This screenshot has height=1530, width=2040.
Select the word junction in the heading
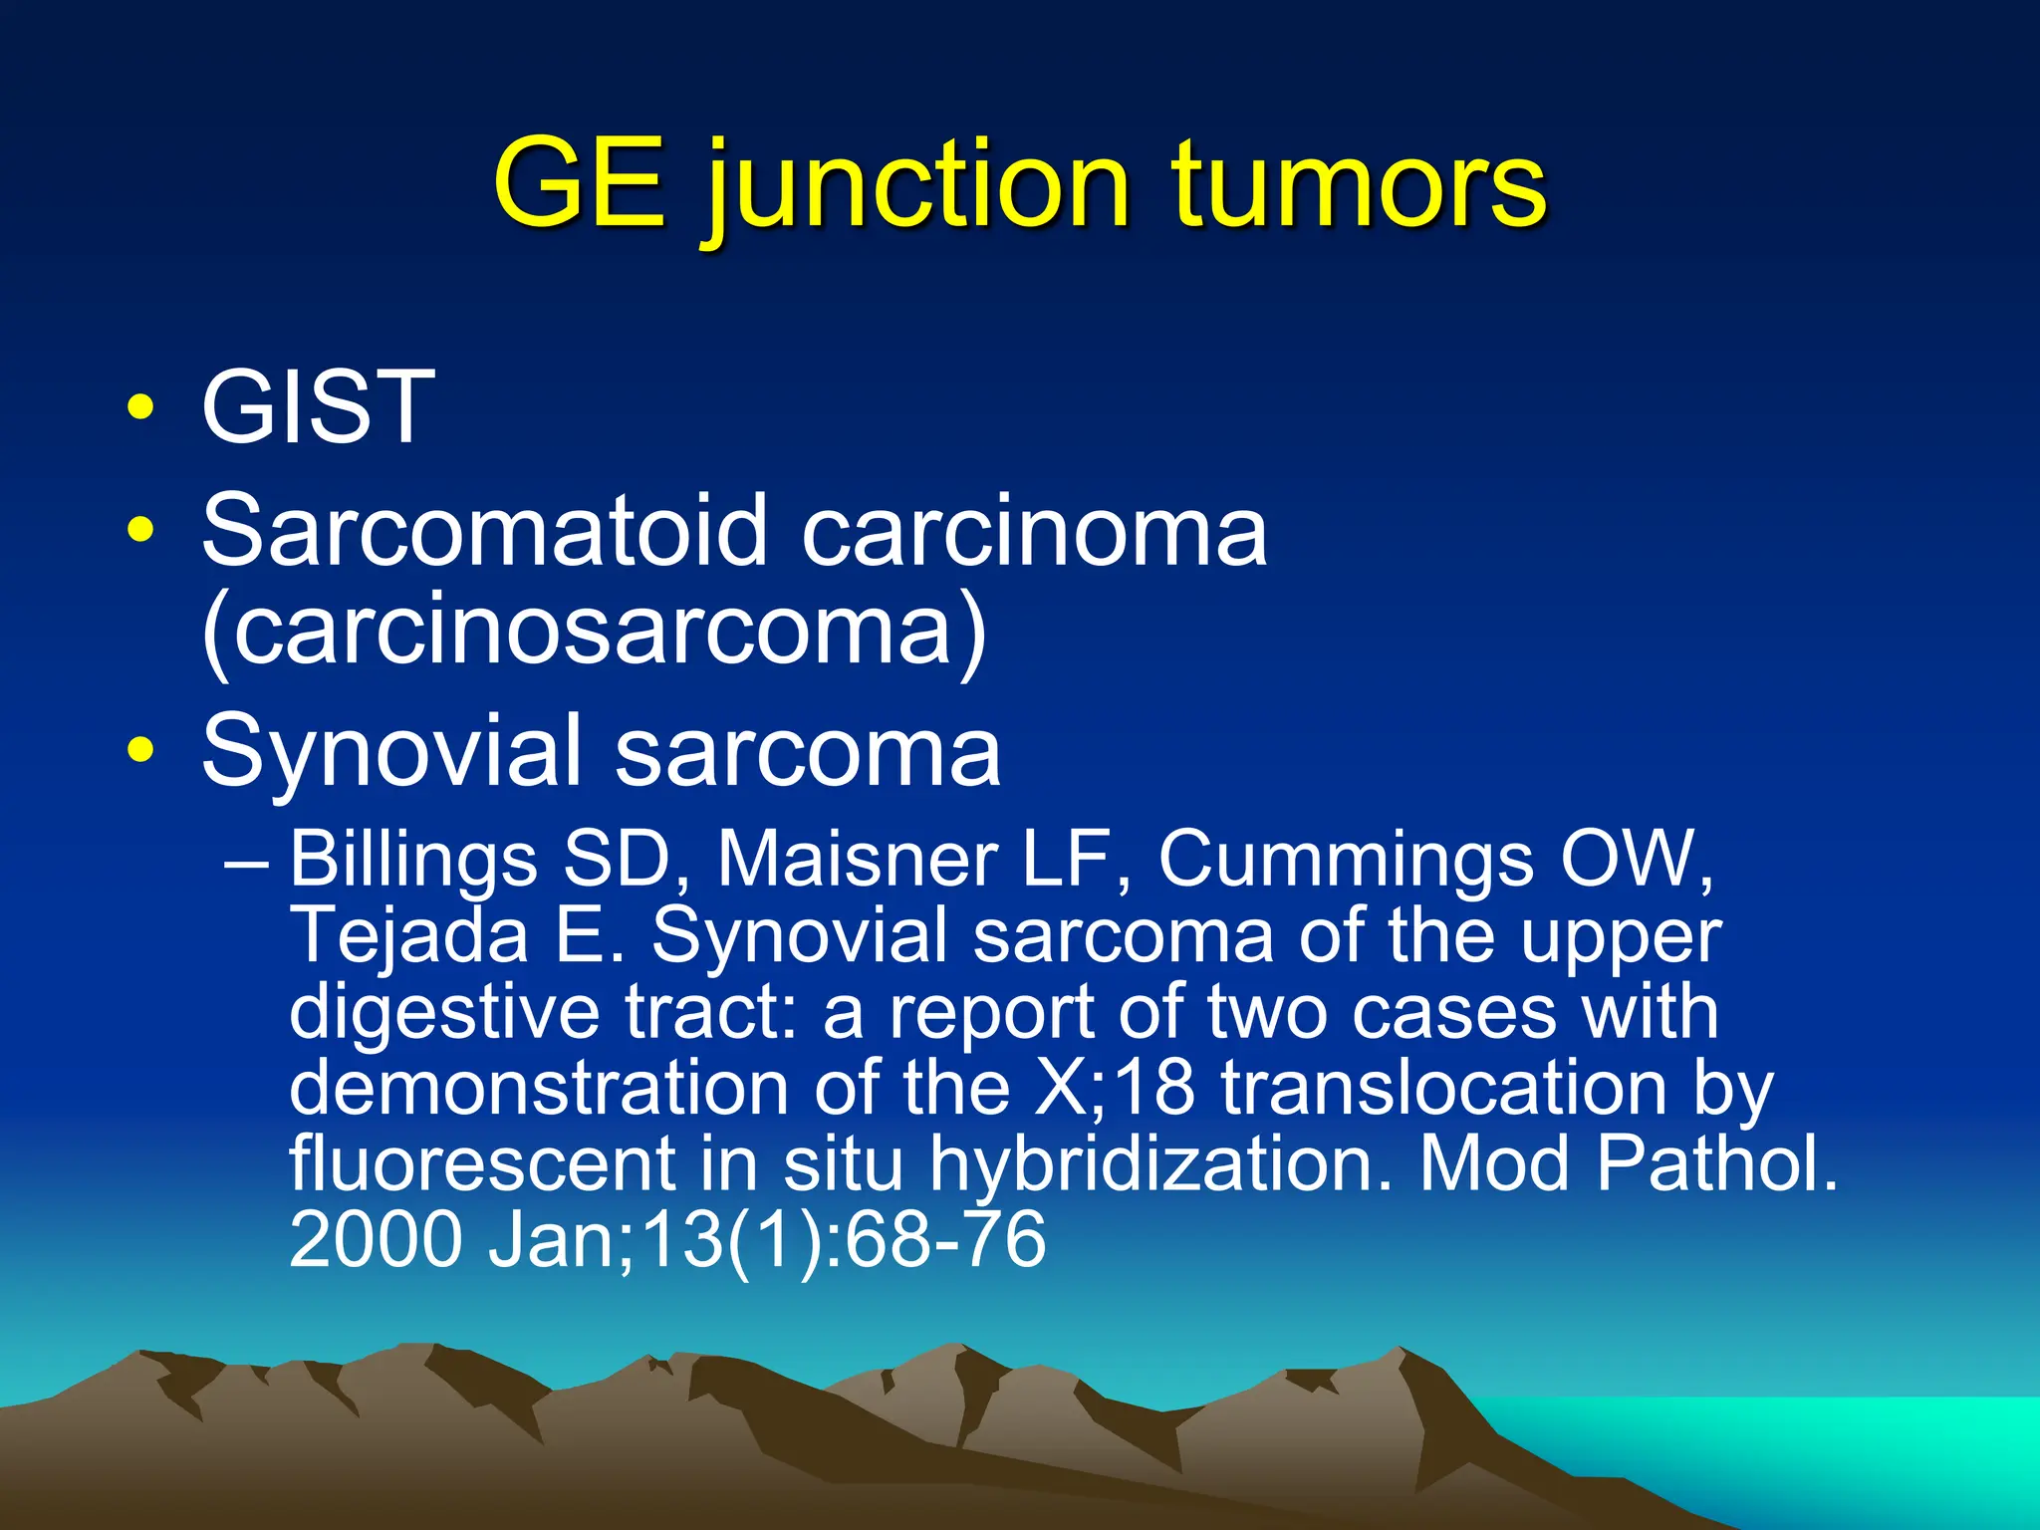click(x=916, y=189)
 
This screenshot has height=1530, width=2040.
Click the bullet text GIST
click(x=318, y=407)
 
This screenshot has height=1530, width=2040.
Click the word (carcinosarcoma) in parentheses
click(x=594, y=633)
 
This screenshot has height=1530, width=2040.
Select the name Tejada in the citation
click(x=408, y=936)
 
